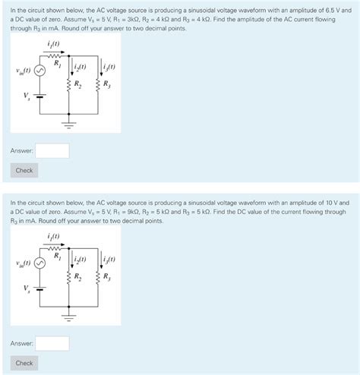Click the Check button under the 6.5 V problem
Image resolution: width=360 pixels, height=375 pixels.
pos(24,170)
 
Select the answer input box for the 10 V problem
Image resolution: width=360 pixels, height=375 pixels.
pos(52,343)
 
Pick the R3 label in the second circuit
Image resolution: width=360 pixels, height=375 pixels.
pos(106,276)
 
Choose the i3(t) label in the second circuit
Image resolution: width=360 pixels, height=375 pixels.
pos(109,260)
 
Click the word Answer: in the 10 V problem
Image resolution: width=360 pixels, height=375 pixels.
pos(21,343)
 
